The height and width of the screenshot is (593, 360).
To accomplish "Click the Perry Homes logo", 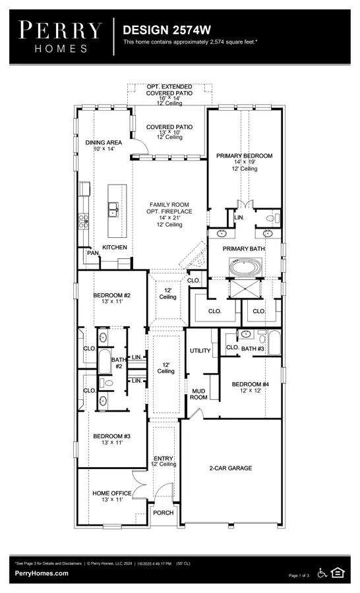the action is [60, 37].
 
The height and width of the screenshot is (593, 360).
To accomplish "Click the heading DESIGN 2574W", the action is [167, 30].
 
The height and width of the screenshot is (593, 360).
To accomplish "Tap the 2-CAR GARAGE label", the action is [231, 468].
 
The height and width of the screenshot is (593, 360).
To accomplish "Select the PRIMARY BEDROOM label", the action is [244, 155].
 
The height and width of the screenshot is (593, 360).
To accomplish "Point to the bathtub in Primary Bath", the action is [246, 268].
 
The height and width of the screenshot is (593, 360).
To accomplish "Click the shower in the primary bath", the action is [245, 289].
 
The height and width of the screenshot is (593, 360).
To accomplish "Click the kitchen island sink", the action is [113, 210].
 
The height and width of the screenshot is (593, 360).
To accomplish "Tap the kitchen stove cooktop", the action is [83, 221].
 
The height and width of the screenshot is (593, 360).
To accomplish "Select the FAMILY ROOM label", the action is [169, 205].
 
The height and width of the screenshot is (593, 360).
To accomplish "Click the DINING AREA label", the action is [104, 142].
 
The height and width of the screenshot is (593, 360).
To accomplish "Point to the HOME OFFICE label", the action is [112, 493].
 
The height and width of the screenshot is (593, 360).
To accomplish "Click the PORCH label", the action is [163, 513].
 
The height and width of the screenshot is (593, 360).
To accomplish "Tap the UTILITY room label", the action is [200, 351].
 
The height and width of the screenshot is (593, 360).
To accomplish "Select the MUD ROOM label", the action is [198, 394].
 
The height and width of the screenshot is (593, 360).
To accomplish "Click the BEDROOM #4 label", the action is [251, 384].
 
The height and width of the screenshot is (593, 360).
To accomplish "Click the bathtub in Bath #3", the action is [274, 343].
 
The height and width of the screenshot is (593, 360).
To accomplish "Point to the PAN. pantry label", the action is [93, 252].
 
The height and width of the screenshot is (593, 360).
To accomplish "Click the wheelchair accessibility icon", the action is [322, 573].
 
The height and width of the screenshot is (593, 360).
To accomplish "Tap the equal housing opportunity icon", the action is [338, 573].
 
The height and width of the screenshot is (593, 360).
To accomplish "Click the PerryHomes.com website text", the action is [42, 573].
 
